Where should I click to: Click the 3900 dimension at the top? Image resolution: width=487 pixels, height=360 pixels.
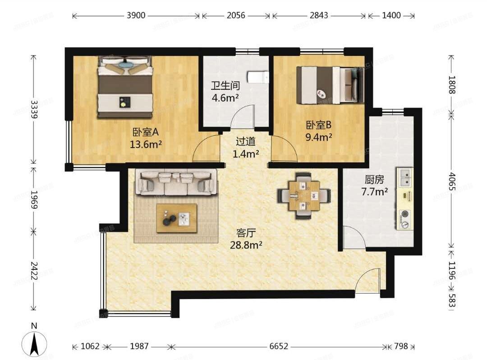point(136,16)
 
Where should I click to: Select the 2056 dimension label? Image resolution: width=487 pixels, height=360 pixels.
point(236,16)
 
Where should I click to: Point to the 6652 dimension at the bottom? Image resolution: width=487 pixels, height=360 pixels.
point(279,346)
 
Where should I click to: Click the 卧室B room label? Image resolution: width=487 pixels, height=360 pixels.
point(319,125)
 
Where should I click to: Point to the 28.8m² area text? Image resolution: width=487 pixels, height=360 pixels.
point(246,245)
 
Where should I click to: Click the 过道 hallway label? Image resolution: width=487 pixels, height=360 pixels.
point(246,141)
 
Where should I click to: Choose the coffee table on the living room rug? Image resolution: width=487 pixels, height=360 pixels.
point(176,218)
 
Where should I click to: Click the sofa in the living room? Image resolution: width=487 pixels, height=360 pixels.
point(176,183)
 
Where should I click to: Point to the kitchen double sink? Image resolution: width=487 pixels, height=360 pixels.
point(404,177)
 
